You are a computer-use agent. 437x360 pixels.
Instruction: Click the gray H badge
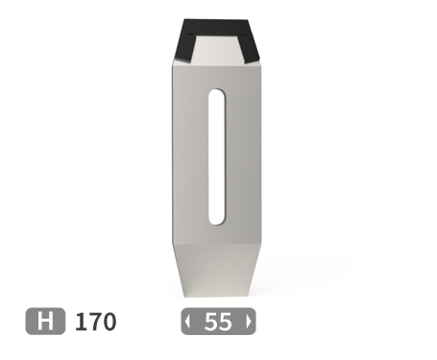(x=45, y=321)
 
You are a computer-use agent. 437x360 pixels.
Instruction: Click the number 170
(x=95, y=322)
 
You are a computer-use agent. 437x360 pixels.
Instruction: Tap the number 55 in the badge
(x=218, y=322)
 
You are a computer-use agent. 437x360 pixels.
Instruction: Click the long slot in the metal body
(x=217, y=156)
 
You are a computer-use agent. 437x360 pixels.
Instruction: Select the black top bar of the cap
(x=216, y=27)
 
